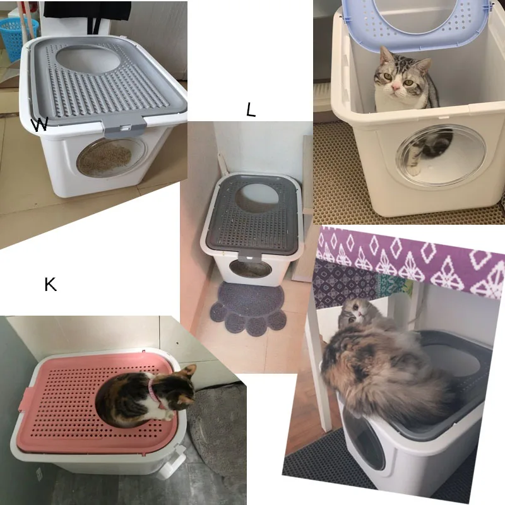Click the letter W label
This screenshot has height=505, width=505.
point(40,125)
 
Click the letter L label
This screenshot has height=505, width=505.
point(251,110)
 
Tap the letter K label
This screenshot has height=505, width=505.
point(50,284)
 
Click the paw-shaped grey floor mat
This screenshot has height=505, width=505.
point(246,309)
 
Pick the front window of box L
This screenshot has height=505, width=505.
point(251,268)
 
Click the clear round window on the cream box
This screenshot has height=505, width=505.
point(432,155)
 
